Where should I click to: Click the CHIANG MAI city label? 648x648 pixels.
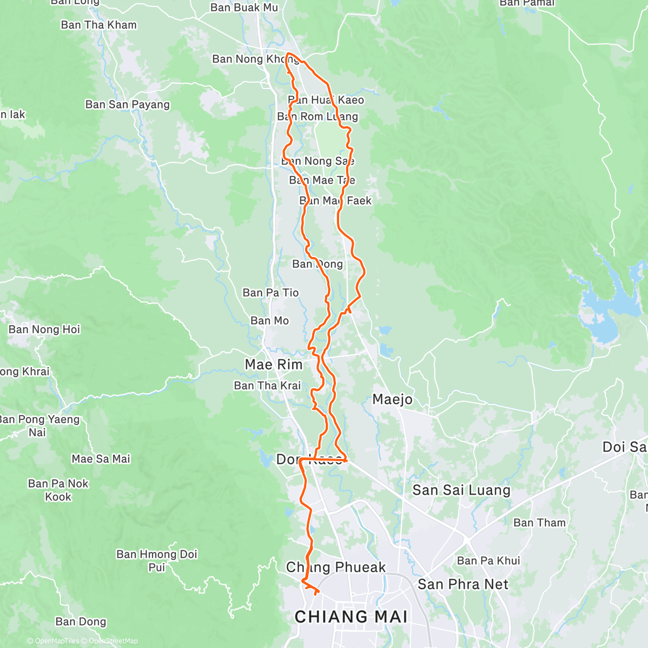pyautogui.click(x=351, y=617)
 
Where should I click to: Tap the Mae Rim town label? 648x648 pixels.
pyautogui.click(x=274, y=365)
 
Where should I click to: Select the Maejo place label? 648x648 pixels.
pyautogui.click(x=393, y=400)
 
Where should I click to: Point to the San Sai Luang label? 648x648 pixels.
pyautogui.click(x=461, y=490)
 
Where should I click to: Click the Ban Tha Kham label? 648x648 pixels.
pyautogui.click(x=99, y=25)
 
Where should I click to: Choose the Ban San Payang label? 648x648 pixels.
pyautogui.click(x=127, y=105)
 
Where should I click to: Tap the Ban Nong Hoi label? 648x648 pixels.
pyautogui.click(x=44, y=329)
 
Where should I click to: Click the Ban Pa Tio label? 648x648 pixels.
pyautogui.click(x=271, y=293)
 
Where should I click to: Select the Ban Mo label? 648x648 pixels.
pyautogui.click(x=269, y=321)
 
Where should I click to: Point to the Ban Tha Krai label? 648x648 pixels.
pyautogui.click(x=267, y=386)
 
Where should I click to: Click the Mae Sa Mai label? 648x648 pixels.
pyautogui.click(x=101, y=459)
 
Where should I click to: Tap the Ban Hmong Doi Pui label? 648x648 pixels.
pyautogui.click(x=157, y=561)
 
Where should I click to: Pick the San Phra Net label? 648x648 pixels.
pyautogui.click(x=463, y=584)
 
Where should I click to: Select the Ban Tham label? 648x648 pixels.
pyautogui.click(x=539, y=523)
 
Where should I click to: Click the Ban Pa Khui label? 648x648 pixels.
pyautogui.click(x=488, y=561)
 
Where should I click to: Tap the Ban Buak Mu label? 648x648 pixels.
pyautogui.click(x=244, y=8)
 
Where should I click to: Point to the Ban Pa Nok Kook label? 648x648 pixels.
pyautogui.click(x=58, y=490)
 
